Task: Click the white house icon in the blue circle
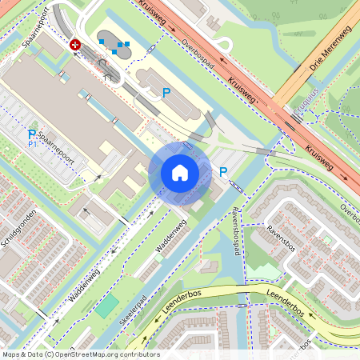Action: tap(180, 172)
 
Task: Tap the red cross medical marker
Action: tap(75, 46)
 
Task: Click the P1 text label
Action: tap(33, 145)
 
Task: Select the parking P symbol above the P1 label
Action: tap(32, 134)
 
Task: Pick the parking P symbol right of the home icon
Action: tap(223, 171)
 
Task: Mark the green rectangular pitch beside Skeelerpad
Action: tap(106, 306)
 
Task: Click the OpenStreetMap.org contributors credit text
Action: tap(104, 354)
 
